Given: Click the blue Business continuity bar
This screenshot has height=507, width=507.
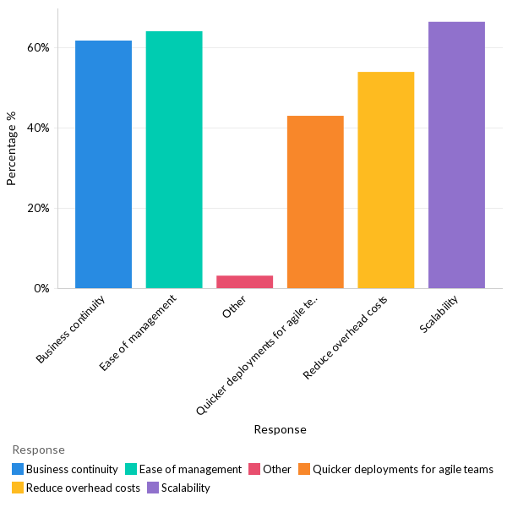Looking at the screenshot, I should click(103, 164).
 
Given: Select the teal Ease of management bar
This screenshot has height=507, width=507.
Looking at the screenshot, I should click(174, 160).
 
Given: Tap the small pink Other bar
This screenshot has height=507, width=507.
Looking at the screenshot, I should click(244, 281).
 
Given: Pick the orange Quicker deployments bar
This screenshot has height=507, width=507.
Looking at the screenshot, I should click(315, 202).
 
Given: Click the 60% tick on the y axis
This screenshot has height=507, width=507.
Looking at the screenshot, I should click(38, 48).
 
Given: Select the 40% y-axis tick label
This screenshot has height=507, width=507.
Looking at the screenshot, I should click(38, 128).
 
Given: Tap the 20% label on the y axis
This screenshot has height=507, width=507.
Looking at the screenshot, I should click(38, 209).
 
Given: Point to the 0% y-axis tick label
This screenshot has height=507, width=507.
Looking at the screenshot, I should click(41, 289).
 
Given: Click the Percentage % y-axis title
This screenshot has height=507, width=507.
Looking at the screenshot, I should click(12, 148).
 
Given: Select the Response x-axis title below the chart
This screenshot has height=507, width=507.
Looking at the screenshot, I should click(280, 429).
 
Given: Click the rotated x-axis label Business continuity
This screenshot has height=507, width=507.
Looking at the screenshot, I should click(72, 330).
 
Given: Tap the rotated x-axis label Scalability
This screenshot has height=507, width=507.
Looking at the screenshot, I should click(439, 314).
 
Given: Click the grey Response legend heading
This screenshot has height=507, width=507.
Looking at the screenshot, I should click(38, 450).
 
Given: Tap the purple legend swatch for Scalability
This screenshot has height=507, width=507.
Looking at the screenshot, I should click(153, 488).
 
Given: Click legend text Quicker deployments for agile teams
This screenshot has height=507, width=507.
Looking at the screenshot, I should click(402, 469).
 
